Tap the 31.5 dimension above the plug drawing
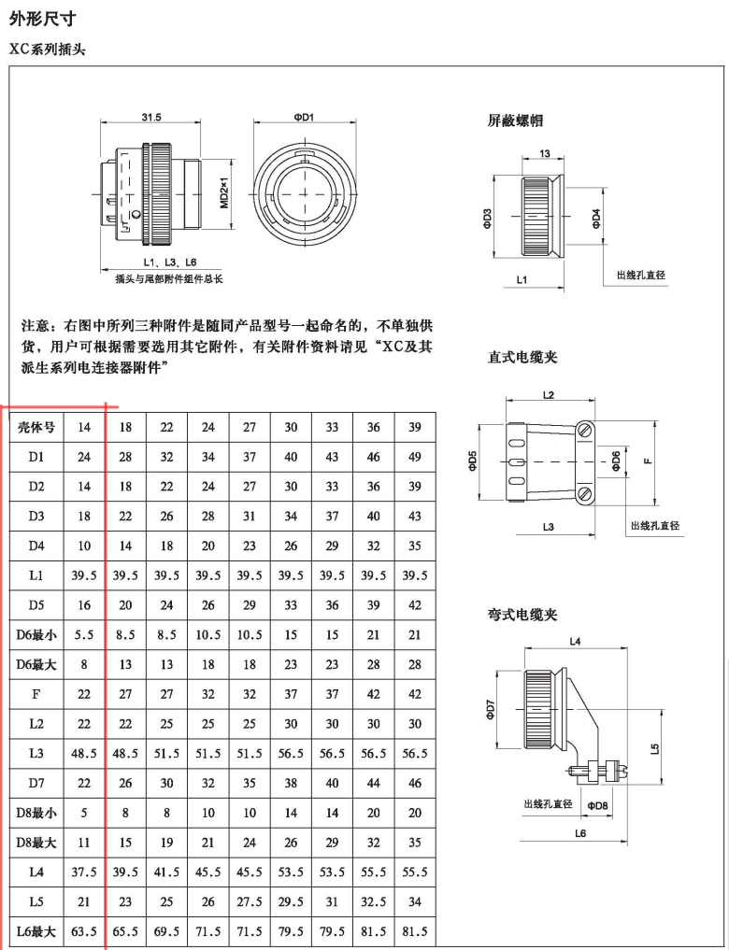point(151,118)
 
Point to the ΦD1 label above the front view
point(303,118)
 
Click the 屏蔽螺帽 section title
point(516,121)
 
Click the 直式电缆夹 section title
point(522,357)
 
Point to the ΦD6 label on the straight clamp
point(615,461)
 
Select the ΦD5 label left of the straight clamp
point(473,461)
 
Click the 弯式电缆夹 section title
point(522,615)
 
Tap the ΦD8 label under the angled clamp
point(597,805)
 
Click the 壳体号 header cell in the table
point(37,427)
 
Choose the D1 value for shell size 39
point(415,458)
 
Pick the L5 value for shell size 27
point(250,901)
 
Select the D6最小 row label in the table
point(37,635)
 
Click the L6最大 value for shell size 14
point(84,931)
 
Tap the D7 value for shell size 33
point(332,783)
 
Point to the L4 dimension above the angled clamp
point(575,641)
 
